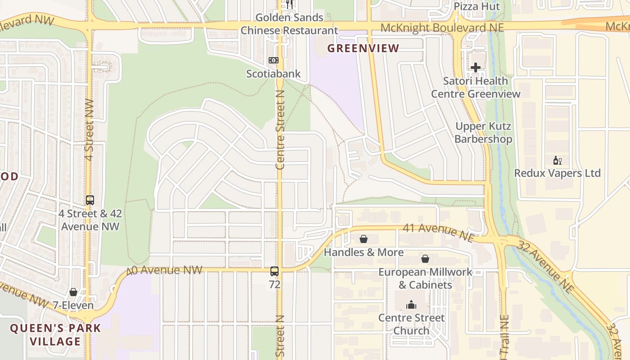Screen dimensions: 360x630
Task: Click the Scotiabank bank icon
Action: click(273, 60)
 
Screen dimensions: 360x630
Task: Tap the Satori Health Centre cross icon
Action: click(476, 67)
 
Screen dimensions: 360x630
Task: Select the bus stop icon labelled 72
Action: click(274, 271)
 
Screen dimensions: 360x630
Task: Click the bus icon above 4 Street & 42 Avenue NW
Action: click(90, 200)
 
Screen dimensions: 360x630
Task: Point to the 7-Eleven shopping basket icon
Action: click(73, 292)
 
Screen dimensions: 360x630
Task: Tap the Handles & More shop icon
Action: click(364, 239)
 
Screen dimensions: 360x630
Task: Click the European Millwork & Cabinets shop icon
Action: click(425, 259)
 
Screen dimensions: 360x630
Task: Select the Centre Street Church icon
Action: click(411, 305)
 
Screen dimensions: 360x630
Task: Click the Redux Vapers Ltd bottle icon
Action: click(557, 160)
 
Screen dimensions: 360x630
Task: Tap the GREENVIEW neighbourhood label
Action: click(363, 48)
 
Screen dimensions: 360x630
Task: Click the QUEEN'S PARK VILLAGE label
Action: click(56, 334)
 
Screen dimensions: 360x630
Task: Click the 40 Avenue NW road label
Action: click(164, 270)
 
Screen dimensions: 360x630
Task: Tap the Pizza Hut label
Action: click(477, 6)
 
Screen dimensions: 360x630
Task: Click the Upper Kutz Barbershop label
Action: click(483, 132)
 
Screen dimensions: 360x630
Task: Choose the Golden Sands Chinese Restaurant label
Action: click(289, 24)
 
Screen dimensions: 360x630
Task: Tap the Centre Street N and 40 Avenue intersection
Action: click(279, 269)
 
